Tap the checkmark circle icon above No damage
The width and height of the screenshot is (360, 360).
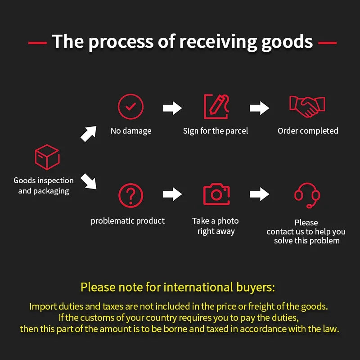point(130,94)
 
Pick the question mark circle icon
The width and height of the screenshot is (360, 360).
point(130,184)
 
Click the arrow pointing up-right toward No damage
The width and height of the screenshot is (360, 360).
point(89,133)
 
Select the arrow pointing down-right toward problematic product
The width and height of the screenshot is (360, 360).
point(89,181)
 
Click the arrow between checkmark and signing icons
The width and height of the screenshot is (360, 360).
point(172,108)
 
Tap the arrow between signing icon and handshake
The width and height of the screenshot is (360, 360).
point(260,108)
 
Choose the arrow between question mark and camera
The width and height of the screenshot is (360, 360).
point(172,194)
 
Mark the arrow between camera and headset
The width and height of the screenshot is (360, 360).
point(260,194)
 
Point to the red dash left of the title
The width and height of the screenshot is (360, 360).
point(37,43)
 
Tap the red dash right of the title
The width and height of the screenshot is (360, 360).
point(327,43)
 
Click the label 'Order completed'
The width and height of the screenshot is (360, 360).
point(308,131)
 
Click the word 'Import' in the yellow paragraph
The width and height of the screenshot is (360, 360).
point(43,307)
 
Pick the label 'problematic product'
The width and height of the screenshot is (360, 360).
point(128,221)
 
